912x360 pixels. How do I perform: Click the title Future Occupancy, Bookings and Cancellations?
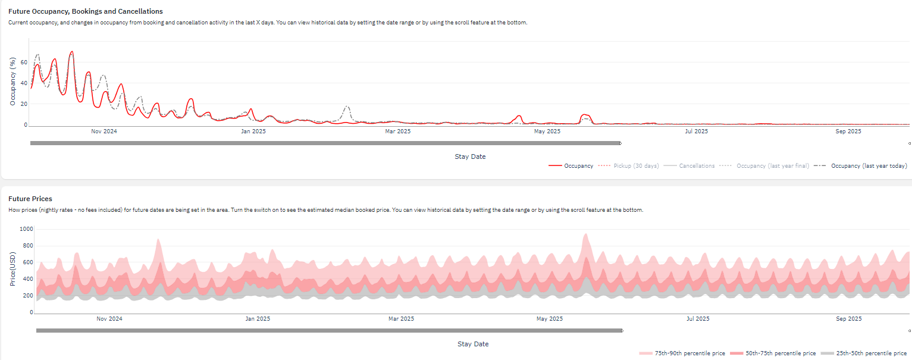tap(86, 11)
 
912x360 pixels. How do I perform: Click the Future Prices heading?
tap(30, 199)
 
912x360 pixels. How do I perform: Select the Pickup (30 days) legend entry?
tap(628, 166)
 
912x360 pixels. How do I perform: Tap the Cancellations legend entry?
tap(689, 166)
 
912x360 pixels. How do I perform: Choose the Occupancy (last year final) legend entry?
tap(764, 166)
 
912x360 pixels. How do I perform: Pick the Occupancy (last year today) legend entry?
tap(860, 166)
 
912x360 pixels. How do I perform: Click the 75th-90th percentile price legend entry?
tap(682, 353)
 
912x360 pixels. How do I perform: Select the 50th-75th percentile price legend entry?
tap(773, 353)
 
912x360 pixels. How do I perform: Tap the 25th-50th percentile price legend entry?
tap(864, 353)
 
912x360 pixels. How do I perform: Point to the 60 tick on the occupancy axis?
tap(24, 62)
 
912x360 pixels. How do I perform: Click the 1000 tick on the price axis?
tap(26, 229)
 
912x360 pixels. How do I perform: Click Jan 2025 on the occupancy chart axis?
tap(253, 131)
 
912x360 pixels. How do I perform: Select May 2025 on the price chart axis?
tap(550, 318)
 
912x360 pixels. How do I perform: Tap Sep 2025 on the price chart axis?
tap(849, 318)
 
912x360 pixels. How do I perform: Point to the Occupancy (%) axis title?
tap(12, 82)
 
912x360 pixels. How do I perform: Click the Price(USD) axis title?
tap(12, 269)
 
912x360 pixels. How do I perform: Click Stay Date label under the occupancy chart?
tap(470, 156)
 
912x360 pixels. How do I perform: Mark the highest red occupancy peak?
tap(71, 52)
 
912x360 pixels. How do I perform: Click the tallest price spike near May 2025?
tap(586, 234)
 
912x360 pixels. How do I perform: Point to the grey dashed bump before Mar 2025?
tap(346, 107)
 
